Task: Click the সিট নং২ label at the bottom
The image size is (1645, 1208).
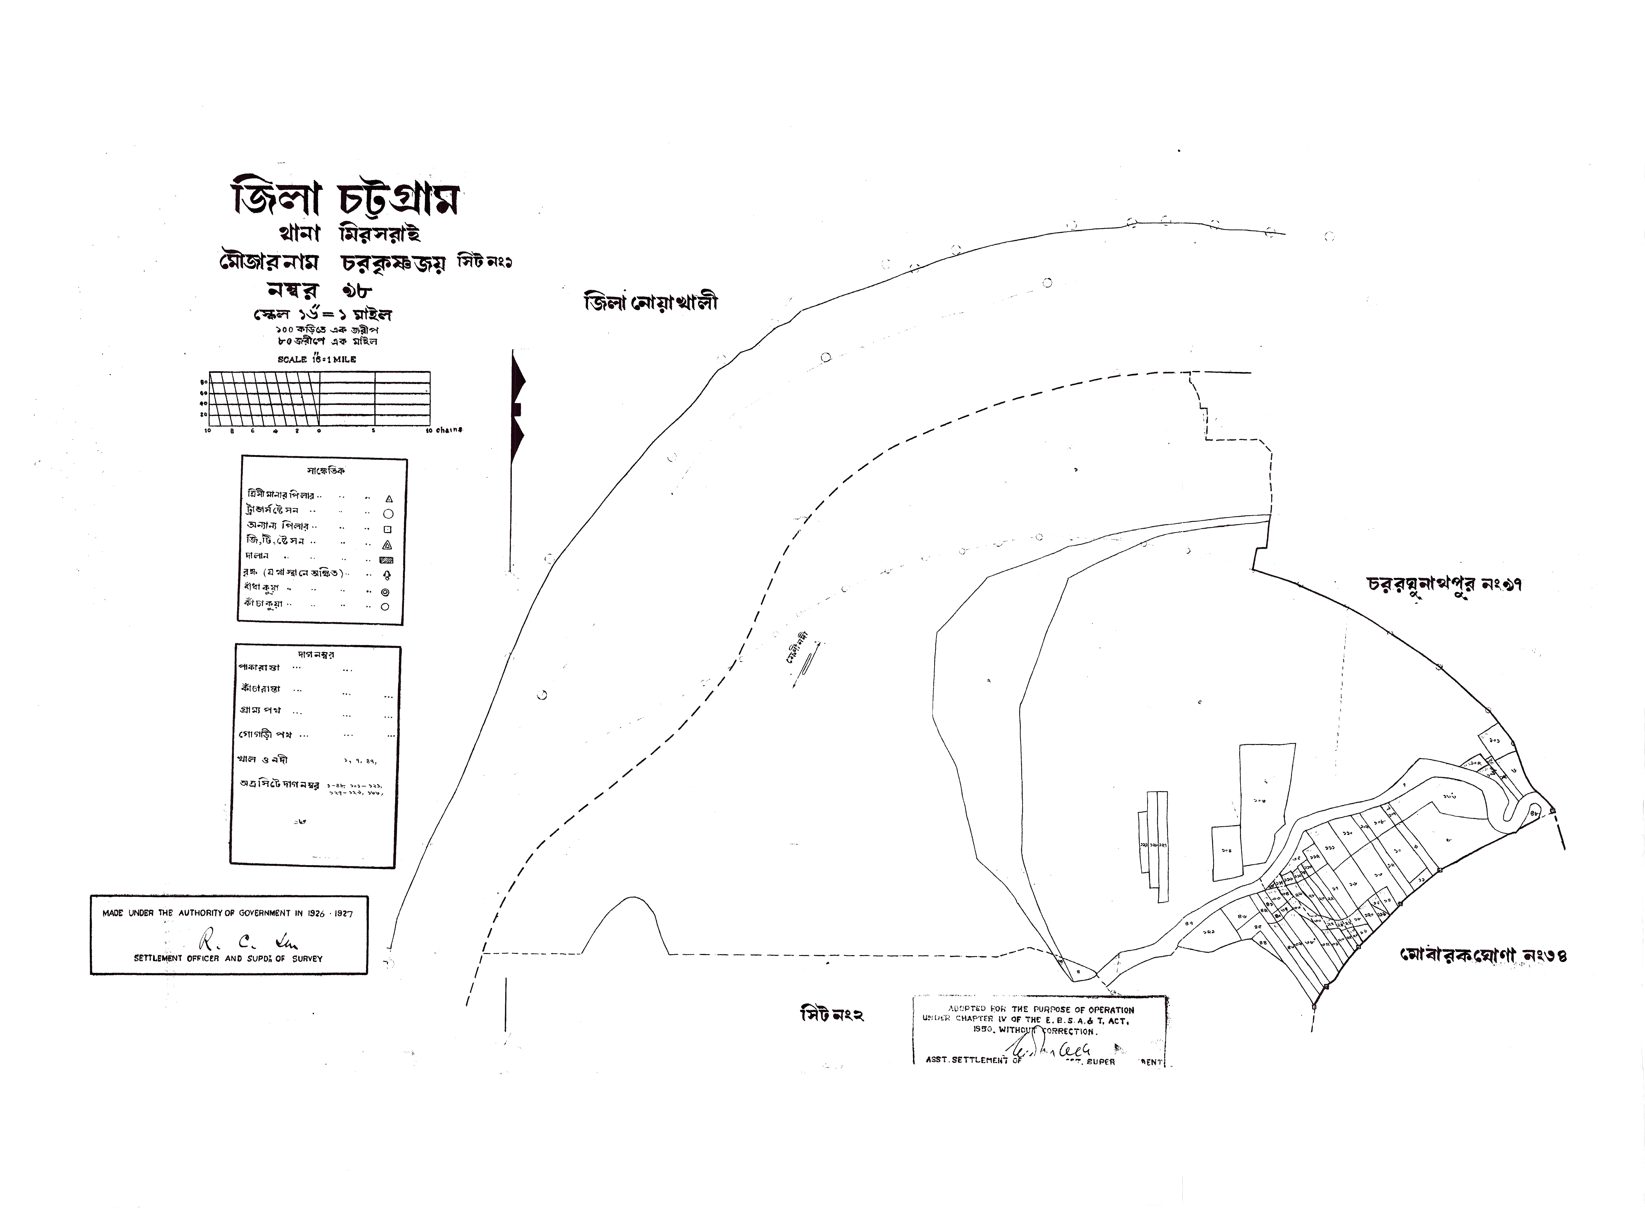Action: click(832, 1015)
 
